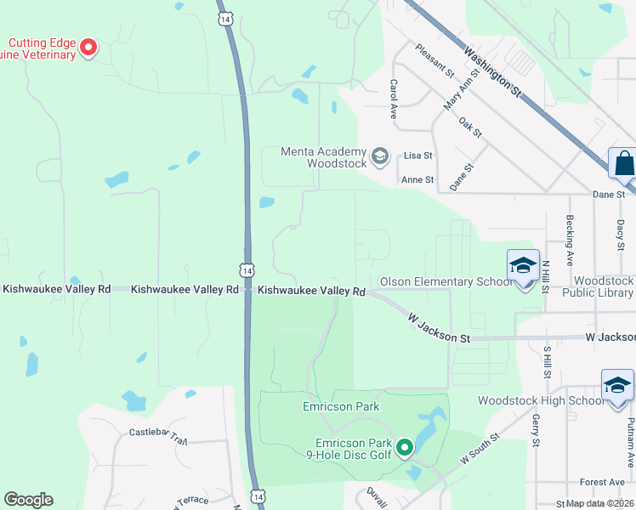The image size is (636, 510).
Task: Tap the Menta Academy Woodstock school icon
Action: pyautogui.click(x=380, y=156)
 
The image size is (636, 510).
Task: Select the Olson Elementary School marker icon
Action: pyautogui.click(x=523, y=265)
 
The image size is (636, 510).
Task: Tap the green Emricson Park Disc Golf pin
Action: pyautogui.click(x=405, y=445)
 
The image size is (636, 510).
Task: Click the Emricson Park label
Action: pyautogui.click(x=341, y=406)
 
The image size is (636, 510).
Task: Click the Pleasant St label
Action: pyautogui.click(x=434, y=60)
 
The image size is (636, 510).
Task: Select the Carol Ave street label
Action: pyautogui.click(x=394, y=99)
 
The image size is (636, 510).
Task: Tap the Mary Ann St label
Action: pyautogui.click(x=457, y=92)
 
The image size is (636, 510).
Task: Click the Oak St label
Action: pyautogui.click(x=470, y=127)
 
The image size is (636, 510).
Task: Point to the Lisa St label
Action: pyautogui.click(x=418, y=156)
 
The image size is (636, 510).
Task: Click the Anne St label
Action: pyautogui.click(x=417, y=179)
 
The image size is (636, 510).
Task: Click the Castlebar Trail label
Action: pyautogui.click(x=158, y=437)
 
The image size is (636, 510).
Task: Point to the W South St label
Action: pyautogui.click(x=480, y=450)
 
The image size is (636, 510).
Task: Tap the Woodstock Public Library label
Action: pyautogui.click(x=604, y=286)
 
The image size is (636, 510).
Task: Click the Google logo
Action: pyautogui.click(x=28, y=500)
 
